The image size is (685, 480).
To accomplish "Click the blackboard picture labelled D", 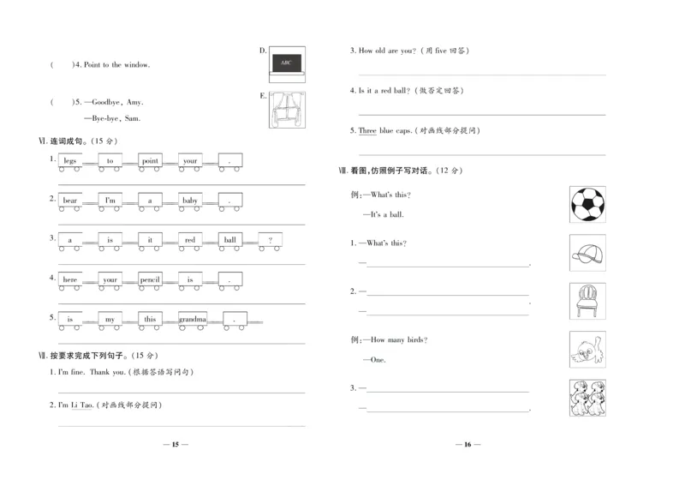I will point(287,62).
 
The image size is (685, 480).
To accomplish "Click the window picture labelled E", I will point(287,109).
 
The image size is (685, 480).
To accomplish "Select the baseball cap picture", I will point(587,253).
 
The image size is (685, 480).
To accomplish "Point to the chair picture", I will point(587,301).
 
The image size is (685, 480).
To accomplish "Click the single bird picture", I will point(587,349).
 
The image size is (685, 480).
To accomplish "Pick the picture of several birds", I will point(587,397).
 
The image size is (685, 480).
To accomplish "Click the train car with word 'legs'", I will point(70,161).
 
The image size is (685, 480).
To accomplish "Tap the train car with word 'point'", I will point(150,161).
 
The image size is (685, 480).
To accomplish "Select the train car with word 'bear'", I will point(70,201).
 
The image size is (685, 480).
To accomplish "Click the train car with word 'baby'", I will point(190,201).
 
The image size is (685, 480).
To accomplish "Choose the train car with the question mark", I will point(270,240).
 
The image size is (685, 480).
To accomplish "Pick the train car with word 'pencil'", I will point(150,279).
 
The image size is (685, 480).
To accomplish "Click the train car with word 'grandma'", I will point(193,319).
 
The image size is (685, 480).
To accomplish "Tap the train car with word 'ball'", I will point(229,240).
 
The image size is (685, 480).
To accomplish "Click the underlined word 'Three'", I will point(367,130).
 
